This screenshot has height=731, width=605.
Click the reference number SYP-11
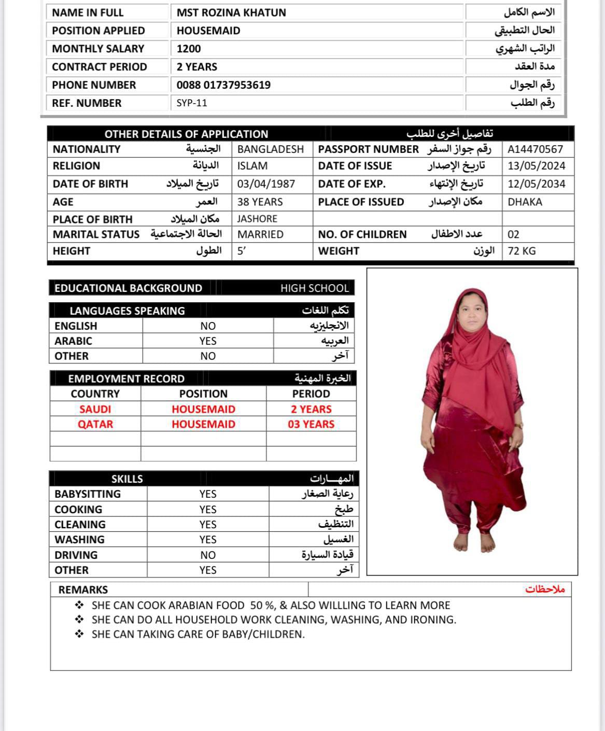(x=192, y=103)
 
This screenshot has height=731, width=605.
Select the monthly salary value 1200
(x=189, y=49)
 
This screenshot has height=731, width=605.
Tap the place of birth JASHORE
(x=257, y=219)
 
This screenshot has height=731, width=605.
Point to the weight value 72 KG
(x=522, y=251)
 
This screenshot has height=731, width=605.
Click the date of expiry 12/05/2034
(x=536, y=184)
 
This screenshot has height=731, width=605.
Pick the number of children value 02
(x=513, y=234)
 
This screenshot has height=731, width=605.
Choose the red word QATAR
(x=95, y=424)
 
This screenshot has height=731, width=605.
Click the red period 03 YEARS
(x=311, y=424)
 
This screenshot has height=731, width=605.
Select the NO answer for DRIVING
(x=208, y=555)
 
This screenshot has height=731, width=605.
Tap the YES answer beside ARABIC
(x=208, y=341)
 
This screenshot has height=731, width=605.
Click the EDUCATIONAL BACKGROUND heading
(x=128, y=288)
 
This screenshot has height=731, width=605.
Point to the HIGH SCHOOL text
(x=315, y=288)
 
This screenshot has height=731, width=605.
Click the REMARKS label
(x=83, y=590)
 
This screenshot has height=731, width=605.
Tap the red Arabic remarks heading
(x=545, y=589)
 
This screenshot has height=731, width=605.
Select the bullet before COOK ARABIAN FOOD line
(x=79, y=605)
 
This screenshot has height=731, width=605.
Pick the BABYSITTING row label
(x=88, y=494)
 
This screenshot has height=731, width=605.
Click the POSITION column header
(x=203, y=394)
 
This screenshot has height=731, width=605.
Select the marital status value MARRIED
(x=260, y=234)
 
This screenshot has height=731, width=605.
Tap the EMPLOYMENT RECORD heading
(x=126, y=378)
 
